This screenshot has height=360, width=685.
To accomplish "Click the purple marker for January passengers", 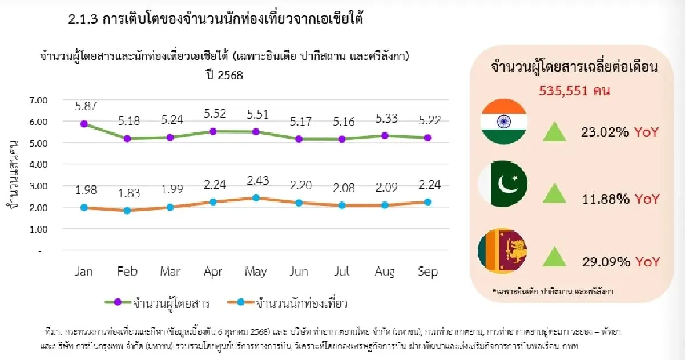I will pos(84,124).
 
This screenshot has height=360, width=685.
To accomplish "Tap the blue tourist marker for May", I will pos(256,198).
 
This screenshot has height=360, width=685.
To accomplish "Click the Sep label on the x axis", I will pos(428,272).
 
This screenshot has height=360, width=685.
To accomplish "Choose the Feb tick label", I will pos(127,272).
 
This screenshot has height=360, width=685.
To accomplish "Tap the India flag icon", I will pos(504,122).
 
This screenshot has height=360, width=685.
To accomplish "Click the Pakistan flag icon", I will pos(504,184).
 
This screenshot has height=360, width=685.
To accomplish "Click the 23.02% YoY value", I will pos(621,132).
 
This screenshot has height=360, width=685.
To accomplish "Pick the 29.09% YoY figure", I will pos(621,262).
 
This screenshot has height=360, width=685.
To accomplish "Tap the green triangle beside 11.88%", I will pos(553,195).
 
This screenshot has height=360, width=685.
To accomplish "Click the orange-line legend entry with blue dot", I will pos(285,302).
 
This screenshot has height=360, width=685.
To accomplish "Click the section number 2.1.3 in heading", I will pos(83,21).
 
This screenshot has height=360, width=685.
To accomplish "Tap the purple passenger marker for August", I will pos(385,135).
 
